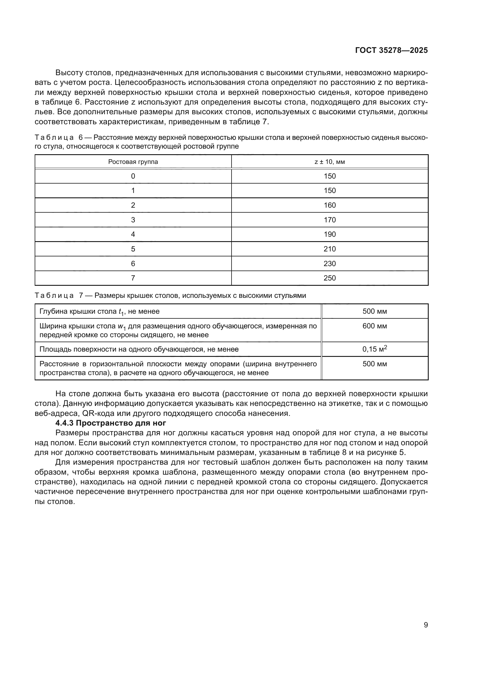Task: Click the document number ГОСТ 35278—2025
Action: (x=391, y=50)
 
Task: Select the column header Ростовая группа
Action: (x=133, y=162)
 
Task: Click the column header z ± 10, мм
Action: (x=329, y=162)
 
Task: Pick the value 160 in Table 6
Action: (x=329, y=205)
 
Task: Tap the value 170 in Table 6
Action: (x=329, y=220)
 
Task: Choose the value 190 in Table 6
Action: (x=329, y=234)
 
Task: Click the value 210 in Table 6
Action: (x=329, y=249)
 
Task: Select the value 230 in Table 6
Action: (x=329, y=263)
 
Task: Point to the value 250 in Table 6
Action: (x=329, y=278)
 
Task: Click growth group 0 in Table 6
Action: (x=133, y=176)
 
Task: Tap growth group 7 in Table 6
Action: (x=133, y=278)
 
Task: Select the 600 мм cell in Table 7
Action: (x=375, y=326)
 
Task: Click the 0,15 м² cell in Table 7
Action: (x=375, y=349)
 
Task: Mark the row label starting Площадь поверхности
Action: (x=139, y=350)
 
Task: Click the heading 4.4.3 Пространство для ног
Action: (x=110, y=423)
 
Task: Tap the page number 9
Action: (x=426, y=625)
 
